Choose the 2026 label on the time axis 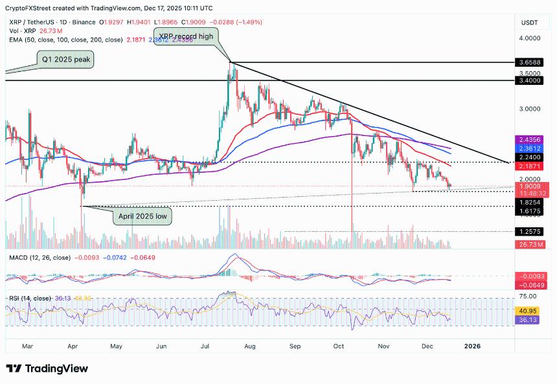click(473, 346)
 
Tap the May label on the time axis click(116, 346)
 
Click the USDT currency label click(529, 23)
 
